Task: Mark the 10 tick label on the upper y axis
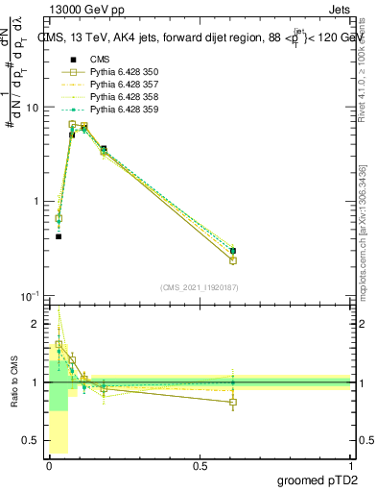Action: pyautogui.click(x=32, y=108)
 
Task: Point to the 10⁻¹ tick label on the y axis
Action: pyautogui.click(x=29, y=296)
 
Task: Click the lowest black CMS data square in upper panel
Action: pyautogui.click(x=59, y=236)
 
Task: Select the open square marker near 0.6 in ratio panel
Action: pyautogui.click(x=233, y=403)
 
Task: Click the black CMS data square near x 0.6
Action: pyautogui.click(x=233, y=251)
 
